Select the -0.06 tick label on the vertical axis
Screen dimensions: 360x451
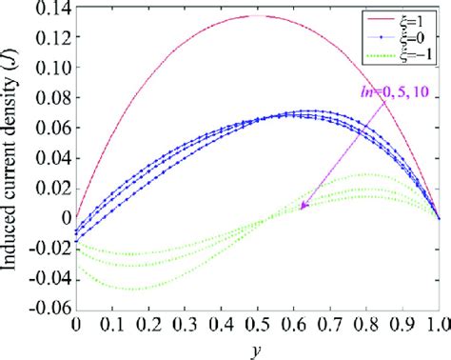coord(43,308)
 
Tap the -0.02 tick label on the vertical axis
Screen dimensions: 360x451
coord(43,248)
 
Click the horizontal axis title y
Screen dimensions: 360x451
coord(257,349)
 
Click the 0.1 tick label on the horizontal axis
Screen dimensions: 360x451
coord(112,325)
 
